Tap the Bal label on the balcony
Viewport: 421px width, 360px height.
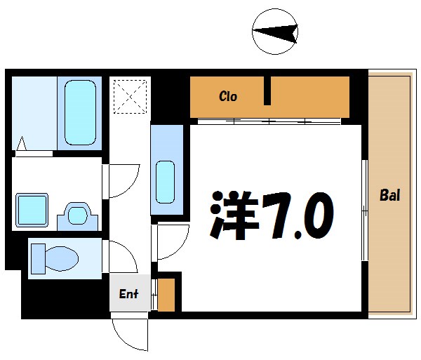click(x=389, y=195)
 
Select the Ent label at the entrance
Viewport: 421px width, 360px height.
click(x=128, y=294)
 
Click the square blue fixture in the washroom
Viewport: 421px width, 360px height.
click(x=32, y=209)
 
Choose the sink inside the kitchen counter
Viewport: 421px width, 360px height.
click(x=166, y=181)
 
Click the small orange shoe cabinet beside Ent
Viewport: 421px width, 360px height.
click(x=166, y=295)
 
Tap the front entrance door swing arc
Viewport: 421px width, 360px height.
click(x=131, y=333)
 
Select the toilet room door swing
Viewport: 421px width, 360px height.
click(x=121, y=255)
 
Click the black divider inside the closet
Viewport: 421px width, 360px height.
click(x=267, y=91)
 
